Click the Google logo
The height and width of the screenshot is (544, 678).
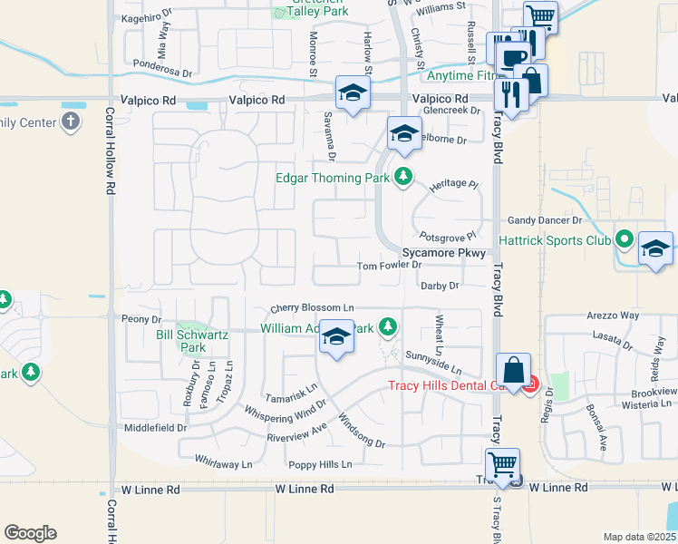click(30, 533)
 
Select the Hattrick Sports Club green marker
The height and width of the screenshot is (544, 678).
click(624, 241)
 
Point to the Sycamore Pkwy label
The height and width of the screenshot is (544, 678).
click(445, 254)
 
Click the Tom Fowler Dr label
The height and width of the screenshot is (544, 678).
click(389, 266)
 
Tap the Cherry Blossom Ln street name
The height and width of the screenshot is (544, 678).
click(311, 309)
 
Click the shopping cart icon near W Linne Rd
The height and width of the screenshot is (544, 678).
click(502, 463)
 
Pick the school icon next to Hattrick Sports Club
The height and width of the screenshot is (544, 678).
click(655, 248)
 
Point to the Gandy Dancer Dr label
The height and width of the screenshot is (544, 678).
click(544, 220)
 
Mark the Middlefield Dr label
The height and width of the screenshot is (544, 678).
click(156, 427)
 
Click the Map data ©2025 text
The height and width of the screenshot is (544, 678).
click(638, 537)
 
